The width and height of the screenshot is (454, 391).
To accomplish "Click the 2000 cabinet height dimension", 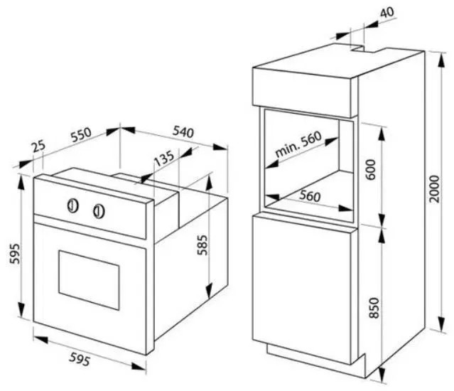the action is [435, 188].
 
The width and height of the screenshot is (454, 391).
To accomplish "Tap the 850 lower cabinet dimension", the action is [374, 308].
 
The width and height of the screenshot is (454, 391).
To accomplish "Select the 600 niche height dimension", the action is [371, 169].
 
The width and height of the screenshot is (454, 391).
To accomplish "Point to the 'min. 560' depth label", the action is [298, 144].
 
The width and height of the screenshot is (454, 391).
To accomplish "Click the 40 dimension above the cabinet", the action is [387, 12].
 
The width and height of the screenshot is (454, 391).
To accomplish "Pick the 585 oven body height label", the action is [202, 245].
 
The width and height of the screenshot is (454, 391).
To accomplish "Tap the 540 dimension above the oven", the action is [183, 132].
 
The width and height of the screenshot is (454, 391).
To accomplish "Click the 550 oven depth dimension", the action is [82, 134].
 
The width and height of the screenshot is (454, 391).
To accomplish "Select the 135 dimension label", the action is [164, 158].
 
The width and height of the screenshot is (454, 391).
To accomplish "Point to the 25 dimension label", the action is [39, 146].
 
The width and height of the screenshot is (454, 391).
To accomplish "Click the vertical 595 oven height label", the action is [15, 254].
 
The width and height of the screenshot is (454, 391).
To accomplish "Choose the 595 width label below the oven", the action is [80, 360].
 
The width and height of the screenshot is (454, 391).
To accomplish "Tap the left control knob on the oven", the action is [73, 205].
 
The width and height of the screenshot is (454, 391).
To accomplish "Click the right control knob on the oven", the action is [99, 211].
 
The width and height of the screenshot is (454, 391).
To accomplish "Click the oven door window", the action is [89, 280].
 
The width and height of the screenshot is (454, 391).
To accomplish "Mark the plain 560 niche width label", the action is [310, 196].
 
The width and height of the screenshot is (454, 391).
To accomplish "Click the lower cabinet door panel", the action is [302, 289].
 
